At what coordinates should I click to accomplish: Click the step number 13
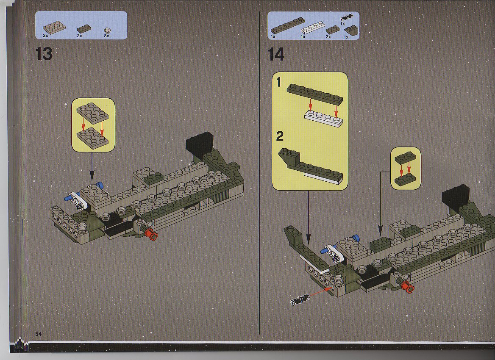click(x=44, y=54)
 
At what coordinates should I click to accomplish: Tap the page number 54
click(x=38, y=334)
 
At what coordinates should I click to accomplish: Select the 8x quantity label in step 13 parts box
click(x=106, y=36)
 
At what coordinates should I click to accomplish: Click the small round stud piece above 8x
click(x=107, y=30)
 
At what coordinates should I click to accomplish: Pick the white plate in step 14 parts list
click(x=312, y=28)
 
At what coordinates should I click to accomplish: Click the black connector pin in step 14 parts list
click(x=346, y=18)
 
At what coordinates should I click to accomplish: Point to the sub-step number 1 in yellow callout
click(x=278, y=82)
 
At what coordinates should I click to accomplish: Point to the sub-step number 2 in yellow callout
click(x=279, y=136)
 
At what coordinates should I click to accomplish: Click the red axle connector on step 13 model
click(x=152, y=235)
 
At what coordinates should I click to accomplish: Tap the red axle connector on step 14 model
click(x=407, y=287)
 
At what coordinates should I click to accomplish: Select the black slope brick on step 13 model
click(x=200, y=144)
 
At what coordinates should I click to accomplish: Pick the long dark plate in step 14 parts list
click(x=288, y=25)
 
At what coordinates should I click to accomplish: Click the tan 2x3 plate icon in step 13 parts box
click(x=54, y=27)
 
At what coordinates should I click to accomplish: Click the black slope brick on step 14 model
click(x=456, y=197)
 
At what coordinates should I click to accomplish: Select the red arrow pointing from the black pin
click(x=320, y=292)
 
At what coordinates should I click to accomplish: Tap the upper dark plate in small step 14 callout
click(x=406, y=158)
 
